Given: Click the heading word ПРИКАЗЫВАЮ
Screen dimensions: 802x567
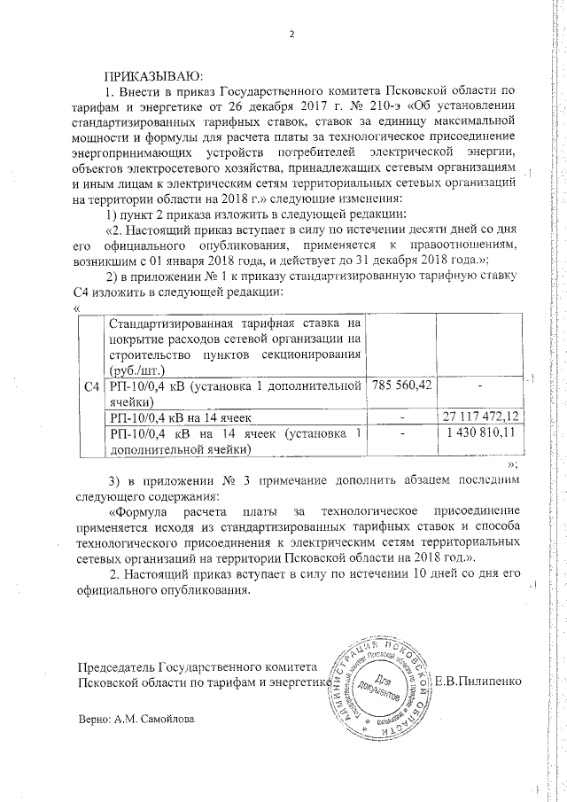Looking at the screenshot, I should pyautogui.click(x=155, y=75).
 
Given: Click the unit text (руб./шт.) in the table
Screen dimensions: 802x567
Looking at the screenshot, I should pyautogui.click(x=136, y=370).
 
